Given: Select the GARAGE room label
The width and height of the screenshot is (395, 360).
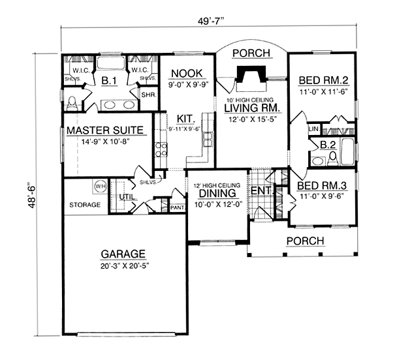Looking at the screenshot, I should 123,254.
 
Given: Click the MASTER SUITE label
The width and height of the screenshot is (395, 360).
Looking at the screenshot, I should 104,130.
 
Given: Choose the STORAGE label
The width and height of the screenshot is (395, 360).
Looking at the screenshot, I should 85,205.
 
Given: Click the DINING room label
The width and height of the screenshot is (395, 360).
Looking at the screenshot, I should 217,194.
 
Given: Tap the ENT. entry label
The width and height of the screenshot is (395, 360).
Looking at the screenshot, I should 261,190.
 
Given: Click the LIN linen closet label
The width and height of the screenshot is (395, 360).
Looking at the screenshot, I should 313,130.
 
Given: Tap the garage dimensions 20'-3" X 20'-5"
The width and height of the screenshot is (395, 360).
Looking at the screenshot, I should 123,265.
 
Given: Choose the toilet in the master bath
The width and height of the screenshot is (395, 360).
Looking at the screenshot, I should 73,101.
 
